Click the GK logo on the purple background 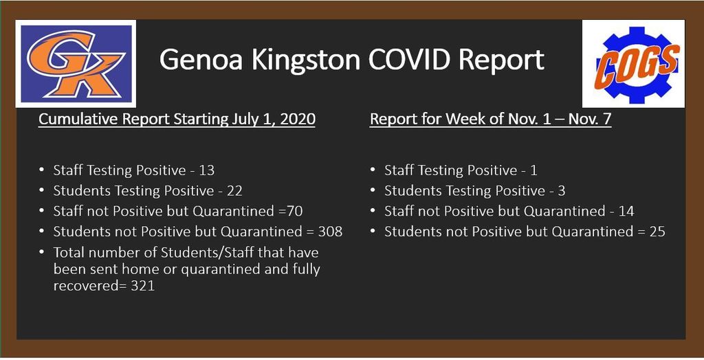pos(76,64)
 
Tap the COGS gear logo pos(633,64)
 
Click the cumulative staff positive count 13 pos(207,170)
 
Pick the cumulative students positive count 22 pos(234,191)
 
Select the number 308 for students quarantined pos(330,232)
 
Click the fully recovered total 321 pos(143,286)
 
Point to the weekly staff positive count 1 pos(533,170)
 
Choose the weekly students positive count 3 pos(561,191)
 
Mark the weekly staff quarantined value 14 pos(626,212)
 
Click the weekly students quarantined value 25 pos(657,232)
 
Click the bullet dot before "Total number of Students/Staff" pos(42,252)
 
